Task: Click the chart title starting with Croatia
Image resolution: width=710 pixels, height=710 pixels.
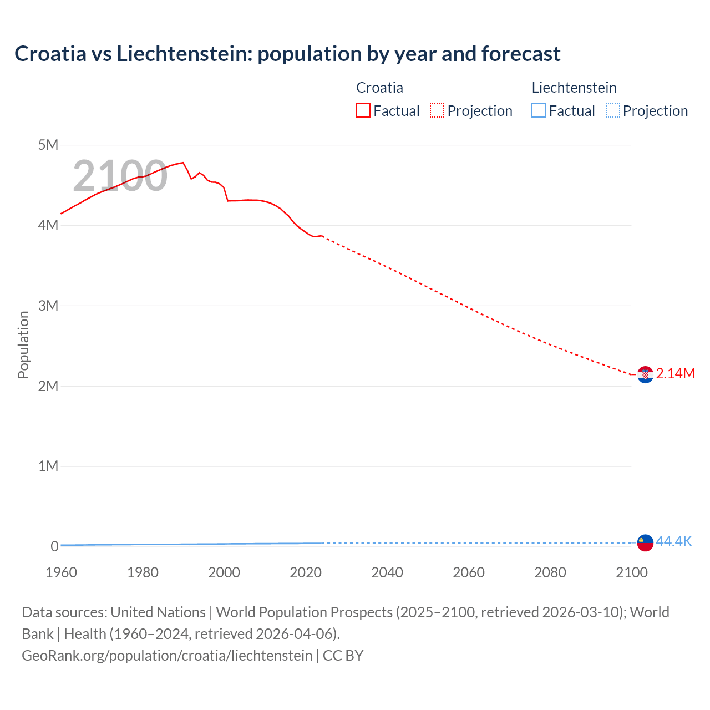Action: pos(287,54)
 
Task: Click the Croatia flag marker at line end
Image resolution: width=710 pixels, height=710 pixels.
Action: pos(645,375)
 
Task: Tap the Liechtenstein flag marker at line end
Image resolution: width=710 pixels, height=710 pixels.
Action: pos(645,542)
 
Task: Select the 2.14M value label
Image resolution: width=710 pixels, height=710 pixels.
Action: pos(675,373)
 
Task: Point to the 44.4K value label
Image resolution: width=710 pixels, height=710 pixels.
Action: pos(674,541)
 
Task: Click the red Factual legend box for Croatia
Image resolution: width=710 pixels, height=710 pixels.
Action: pos(363,110)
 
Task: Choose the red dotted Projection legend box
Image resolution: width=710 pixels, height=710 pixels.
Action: pos(437,110)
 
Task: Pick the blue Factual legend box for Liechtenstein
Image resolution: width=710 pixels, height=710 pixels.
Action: pos(539,110)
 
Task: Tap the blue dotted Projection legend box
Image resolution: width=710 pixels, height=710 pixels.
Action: pos(613,110)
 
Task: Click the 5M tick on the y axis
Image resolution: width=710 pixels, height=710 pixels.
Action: pos(48,145)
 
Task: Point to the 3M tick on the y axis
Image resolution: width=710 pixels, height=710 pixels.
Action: pos(48,306)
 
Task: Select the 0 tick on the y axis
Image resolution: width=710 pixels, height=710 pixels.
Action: pos(54,546)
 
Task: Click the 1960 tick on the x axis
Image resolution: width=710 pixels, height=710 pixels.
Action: pos(62,572)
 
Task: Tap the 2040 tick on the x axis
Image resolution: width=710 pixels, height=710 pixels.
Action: pos(387,572)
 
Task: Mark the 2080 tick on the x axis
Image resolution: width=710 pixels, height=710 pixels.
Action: pos(550,572)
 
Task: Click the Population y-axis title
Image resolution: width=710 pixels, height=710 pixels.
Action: pos(23,344)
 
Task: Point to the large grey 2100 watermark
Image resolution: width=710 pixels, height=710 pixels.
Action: pos(120,176)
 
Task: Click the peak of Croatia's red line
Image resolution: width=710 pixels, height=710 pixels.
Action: pos(182,163)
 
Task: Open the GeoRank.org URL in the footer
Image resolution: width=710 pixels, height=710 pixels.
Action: pos(167,655)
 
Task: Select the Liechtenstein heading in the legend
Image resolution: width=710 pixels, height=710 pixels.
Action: pos(574,88)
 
